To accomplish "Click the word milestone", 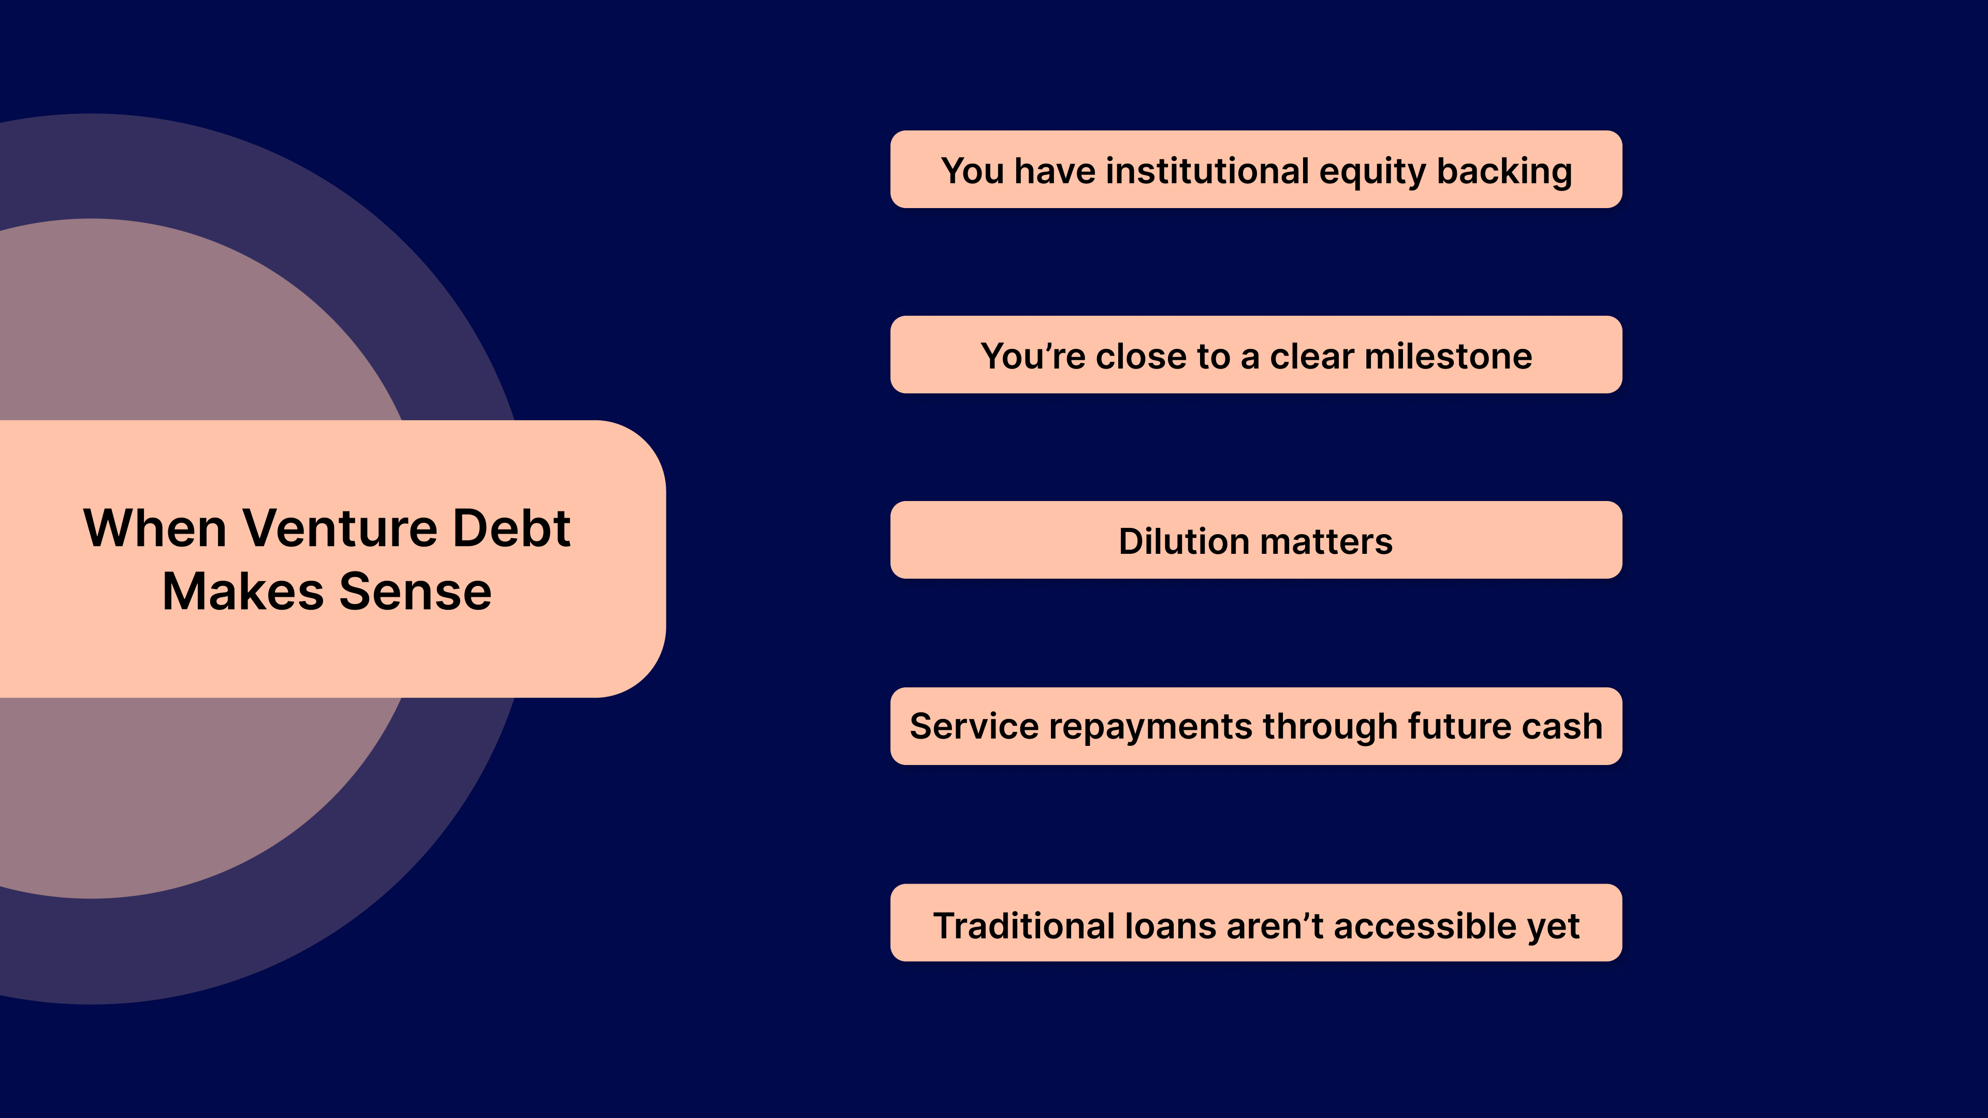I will point(1448,357).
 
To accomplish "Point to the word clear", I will point(1312,357).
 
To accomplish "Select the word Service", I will point(974,727).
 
